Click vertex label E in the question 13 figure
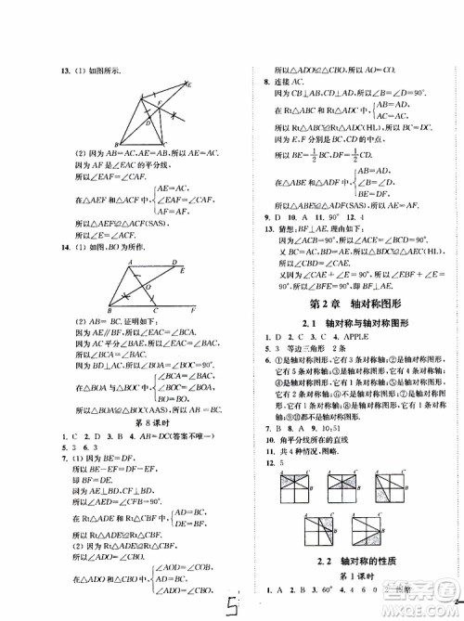point(189,84)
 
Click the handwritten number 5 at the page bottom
point(239,607)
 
